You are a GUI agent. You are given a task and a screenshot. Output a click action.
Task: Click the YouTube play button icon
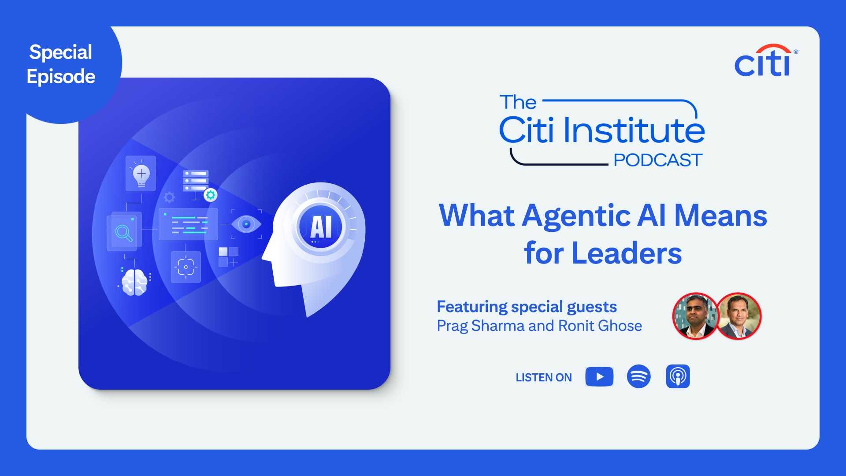pyautogui.click(x=599, y=377)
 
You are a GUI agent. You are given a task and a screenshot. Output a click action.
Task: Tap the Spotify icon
pyautogui.click(x=638, y=376)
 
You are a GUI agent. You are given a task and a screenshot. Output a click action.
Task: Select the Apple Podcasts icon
pyautogui.click(x=678, y=376)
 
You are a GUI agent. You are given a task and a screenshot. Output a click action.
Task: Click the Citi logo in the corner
pyautogui.click(x=765, y=61)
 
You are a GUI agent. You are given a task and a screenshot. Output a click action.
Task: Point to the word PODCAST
pyautogui.click(x=657, y=160)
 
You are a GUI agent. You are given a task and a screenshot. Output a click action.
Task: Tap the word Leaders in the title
pyautogui.click(x=626, y=254)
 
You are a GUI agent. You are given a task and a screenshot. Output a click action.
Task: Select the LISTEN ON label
pyautogui.click(x=544, y=378)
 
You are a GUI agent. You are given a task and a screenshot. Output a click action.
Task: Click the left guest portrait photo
pyautogui.click(x=695, y=316)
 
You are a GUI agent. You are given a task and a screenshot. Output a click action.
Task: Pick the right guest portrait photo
pyautogui.click(x=739, y=316)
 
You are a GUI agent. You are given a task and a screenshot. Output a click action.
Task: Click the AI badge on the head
pyautogui.click(x=321, y=227)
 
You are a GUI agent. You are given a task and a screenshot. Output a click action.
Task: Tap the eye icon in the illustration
pyautogui.click(x=246, y=224)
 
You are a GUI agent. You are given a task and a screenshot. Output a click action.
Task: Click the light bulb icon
pyautogui.click(x=141, y=174)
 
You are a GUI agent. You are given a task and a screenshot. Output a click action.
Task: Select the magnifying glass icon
pyautogui.click(x=124, y=232)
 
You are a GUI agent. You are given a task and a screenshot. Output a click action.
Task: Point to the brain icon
pyautogui.click(x=134, y=281)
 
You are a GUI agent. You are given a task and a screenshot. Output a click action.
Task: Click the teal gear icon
pyautogui.click(x=211, y=194)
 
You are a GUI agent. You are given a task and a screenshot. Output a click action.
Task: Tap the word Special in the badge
pyautogui.click(x=61, y=52)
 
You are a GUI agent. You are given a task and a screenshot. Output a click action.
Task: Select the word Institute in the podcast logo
pyautogui.click(x=634, y=131)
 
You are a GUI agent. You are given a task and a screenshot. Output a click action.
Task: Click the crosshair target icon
pyautogui.click(x=186, y=267)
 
